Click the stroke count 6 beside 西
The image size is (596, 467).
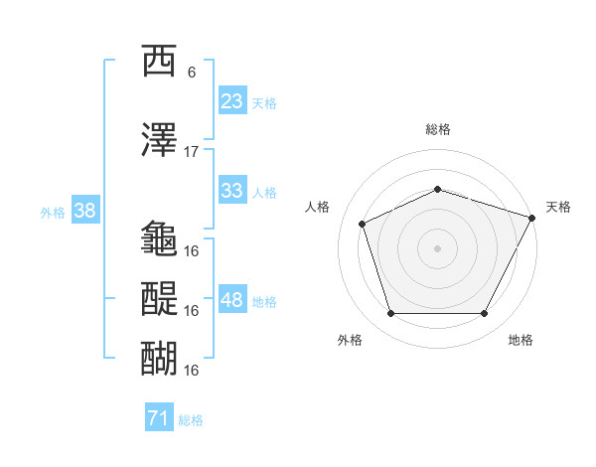coord(192,73)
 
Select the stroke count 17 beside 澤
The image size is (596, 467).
coord(192,152)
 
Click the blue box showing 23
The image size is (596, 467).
coord(232,101)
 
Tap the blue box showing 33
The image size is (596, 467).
coord(232,191)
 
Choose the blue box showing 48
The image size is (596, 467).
coord(232,300)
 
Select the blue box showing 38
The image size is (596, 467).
coord(84,211)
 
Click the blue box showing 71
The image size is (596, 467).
coord(158,419)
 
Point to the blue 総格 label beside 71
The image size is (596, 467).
coord(191,420)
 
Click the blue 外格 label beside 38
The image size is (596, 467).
coord(52,212)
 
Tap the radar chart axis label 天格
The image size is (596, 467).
coord(558,207)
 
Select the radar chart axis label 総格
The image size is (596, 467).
coord(438,129)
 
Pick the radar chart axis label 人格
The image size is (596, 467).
coord(318,207)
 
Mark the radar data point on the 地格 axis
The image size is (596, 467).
coord(485,314)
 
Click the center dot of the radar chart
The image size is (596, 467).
coord(438,248)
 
